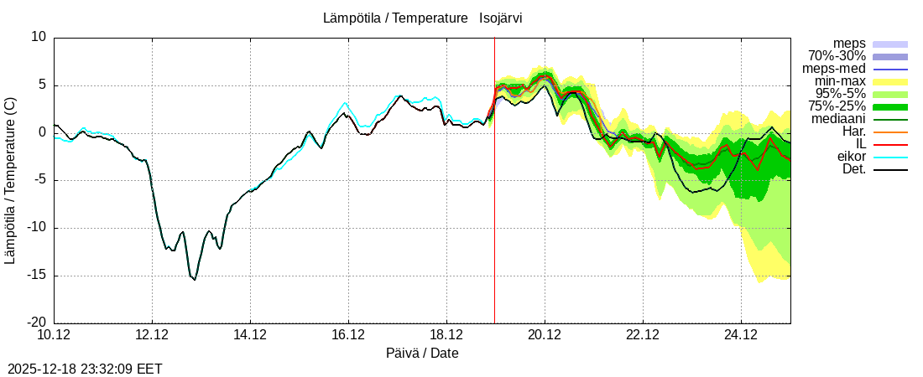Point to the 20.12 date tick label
pos(545,335)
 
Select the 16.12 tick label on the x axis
pos(348,335)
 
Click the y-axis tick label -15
pos(34,276)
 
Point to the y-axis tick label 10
pos(39,37)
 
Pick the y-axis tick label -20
pos(34,323)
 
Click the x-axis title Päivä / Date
pos(422,353)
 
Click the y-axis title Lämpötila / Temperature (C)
pos(10,180)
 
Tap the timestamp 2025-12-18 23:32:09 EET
pos(85,368)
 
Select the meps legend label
pos(849,44)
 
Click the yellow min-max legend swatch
pos(890,81)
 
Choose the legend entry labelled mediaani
pos(838,119)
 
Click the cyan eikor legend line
pos(890,157)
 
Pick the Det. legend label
pos(853,169)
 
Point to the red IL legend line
pos(890,144)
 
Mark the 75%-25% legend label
pos(837,106)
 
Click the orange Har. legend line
pos(890,132)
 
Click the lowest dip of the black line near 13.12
pos(195,279)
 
